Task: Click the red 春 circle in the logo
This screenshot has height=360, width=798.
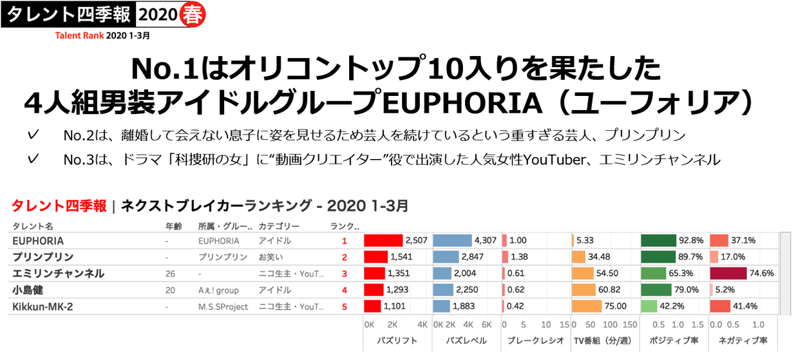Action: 192,14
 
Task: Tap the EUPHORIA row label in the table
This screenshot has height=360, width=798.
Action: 38,241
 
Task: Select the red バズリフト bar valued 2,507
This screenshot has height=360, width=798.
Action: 383,241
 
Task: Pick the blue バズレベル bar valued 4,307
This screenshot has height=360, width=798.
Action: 452,241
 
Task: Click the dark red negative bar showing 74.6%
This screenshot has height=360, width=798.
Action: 728,273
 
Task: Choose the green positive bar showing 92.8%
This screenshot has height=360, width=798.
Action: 658,241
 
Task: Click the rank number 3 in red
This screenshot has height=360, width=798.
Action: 345,274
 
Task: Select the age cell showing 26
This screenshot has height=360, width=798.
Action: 171,274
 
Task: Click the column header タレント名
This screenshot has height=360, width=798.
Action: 32,226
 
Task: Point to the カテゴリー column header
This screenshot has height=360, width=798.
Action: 279,226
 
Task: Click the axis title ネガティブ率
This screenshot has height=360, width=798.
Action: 739,341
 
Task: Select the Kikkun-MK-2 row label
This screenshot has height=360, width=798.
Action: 43,307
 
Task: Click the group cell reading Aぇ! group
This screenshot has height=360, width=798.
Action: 219,290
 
